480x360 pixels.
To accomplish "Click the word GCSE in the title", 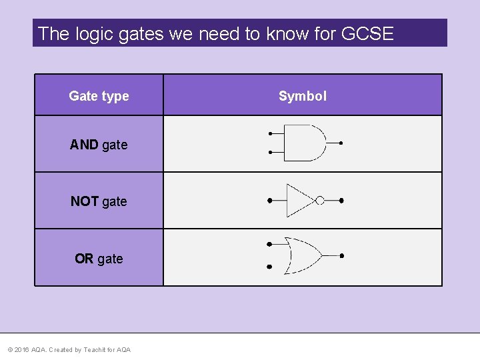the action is [x=367, y=33].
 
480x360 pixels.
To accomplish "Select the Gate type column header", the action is [x=99, y=96].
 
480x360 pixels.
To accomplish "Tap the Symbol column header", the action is [x=303, y=96].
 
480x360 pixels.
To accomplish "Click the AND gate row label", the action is [x=99, y=145].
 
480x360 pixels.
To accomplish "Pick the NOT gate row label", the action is [x=99, y=201].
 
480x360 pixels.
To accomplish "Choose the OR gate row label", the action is [x=99, y=259].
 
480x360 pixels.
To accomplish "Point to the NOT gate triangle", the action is [x=299, y=200].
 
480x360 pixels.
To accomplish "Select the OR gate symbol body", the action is [x=302, y=255].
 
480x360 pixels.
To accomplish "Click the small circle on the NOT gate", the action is [x=320, y=200].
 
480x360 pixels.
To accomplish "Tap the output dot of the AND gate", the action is [x=341, y=143].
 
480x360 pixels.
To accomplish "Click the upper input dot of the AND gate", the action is [x=270, y=133].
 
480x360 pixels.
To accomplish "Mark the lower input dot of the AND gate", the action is [x=270, y=152].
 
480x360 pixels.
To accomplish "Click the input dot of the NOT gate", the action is [x=269, y=200].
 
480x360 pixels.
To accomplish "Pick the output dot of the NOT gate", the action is [x=341, y=200].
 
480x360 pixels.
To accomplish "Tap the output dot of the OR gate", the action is [x=341, y=255].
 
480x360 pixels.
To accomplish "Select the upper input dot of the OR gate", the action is [x=269, y=244].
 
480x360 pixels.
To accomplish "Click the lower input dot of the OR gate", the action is [x=269, y=267].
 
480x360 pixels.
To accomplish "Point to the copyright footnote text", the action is [x=69, y=350].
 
